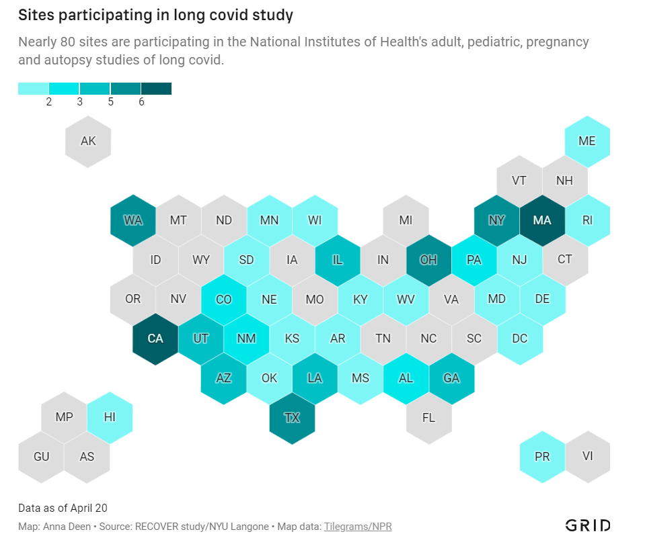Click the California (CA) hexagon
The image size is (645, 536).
[x=155, y=339]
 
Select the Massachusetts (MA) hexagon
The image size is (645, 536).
[x=542, y=220]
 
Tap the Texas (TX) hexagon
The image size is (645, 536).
[x=291, y=418]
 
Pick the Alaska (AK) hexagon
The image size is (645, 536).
[x=88, y=141]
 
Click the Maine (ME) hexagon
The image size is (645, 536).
[x=587, y=141]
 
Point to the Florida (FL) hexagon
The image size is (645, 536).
[x=428, y=418]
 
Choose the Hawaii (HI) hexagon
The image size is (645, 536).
[x=110, y=418]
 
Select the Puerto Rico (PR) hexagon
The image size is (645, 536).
[x=542, y=457]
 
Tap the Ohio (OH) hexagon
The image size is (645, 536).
[x=428, y=260]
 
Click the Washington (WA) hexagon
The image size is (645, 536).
[x=133, y=220]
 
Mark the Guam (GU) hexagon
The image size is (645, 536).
[x=42, y=457]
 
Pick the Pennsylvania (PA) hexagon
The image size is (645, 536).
[x=473, y=260]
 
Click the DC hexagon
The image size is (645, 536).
[x=519, y=339]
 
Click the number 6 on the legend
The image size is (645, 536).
[x=141, y=102]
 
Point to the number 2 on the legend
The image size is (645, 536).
[x=49, y=102]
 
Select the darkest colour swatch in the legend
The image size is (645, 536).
[x=156, y=89]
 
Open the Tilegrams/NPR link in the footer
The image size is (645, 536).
[x=358, y=527]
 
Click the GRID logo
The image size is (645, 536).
[x=587, y=525]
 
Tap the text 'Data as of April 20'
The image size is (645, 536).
[x=63, y=508]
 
